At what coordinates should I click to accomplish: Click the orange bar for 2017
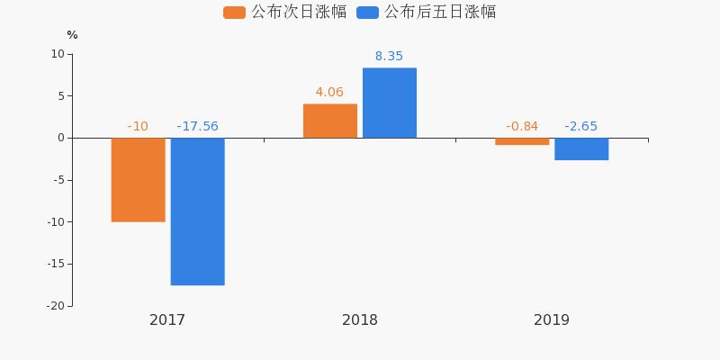tap(138, 179)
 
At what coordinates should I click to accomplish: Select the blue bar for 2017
tap(197, 211)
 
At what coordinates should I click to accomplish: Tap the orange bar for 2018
tap(329, 121)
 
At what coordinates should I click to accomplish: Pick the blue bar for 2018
tap(389, 103)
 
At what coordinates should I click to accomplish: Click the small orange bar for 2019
tap(522, 141)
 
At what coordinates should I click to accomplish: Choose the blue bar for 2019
tap(581, 148)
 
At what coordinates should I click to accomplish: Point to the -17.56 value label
tap(197, 127)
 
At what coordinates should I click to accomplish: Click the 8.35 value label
tap(389, 57)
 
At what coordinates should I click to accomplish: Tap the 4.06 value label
tap(329, 93)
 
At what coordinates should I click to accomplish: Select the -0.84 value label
tap(522, 127)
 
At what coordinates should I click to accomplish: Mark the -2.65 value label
tap(581, 127)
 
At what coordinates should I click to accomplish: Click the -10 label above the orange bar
tap(138, 127)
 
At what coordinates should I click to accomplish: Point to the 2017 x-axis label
tap(167, 320)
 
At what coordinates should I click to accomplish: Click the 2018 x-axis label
tap(360, 320)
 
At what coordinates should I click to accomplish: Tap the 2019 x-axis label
tap(552, 320)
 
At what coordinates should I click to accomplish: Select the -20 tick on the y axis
tap(56, 306)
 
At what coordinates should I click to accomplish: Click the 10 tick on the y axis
tap(58, 54)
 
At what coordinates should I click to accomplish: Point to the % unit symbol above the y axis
tap(72, 35)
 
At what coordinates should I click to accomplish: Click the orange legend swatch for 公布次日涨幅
tap(234, 13)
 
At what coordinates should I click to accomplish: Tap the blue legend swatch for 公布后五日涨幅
tap(367, 13)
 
